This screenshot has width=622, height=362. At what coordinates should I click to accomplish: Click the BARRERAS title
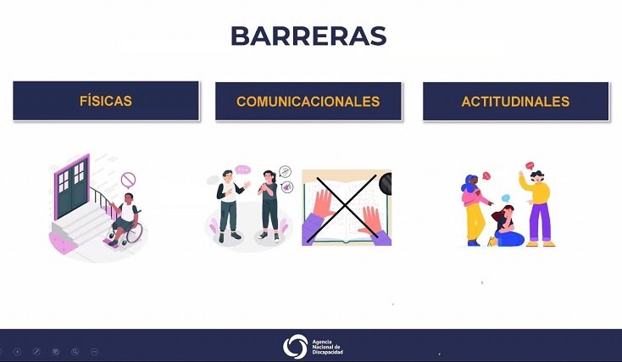point(308,36)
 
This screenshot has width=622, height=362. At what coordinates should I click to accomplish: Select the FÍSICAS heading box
point(106,101)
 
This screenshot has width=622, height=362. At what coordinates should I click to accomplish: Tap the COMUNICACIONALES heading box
point(308,101)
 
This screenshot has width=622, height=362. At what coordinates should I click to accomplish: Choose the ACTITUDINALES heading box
point(516,101)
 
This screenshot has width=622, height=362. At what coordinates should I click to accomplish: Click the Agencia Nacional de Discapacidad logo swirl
point(295,346)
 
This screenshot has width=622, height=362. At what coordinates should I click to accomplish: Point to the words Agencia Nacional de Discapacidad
point(327,347)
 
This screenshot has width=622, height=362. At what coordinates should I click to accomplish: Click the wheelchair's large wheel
point(134,233)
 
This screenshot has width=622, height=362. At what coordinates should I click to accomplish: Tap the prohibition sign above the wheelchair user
point(128,180)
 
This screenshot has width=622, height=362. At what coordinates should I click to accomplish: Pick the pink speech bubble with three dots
point(242,170)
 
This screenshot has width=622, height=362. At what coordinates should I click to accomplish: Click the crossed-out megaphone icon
point(287,187)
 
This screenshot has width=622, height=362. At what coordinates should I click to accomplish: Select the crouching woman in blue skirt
point(506,226)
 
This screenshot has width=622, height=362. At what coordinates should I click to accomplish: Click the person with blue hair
point(475,209)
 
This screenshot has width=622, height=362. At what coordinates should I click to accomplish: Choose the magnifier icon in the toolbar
point(75,351)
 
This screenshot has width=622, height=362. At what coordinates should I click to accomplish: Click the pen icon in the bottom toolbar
point(36,351)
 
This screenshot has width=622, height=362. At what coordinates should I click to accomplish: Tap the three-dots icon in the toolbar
point(94,351)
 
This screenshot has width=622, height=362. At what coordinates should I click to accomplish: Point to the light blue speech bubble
point(505,198)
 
